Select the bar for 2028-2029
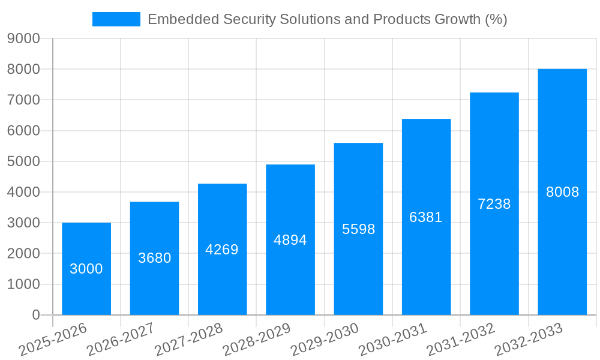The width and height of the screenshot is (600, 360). point(290,240)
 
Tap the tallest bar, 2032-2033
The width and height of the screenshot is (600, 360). point(562,192)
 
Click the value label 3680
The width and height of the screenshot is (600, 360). point(154,258)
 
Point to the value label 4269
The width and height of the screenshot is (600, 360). point(222,250)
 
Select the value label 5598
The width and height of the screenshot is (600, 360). point(358,229)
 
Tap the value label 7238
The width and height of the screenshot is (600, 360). point(494,204)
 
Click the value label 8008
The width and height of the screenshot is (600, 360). point(562,192)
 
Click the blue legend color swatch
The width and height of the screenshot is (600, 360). point(116,19)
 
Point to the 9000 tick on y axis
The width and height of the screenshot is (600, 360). point(23,39)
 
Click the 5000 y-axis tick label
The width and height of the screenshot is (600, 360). point(23,161)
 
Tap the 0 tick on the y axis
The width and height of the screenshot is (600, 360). point(36,315)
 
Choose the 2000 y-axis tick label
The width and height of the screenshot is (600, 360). point(23,253)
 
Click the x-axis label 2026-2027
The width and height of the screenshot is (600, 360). point(120,340)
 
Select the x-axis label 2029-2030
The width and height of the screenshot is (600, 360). point(325,340)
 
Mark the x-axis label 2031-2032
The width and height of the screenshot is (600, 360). point(461,340)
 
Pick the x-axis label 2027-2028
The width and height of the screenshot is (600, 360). point(188,340)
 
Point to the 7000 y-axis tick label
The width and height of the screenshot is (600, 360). point(23,100)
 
